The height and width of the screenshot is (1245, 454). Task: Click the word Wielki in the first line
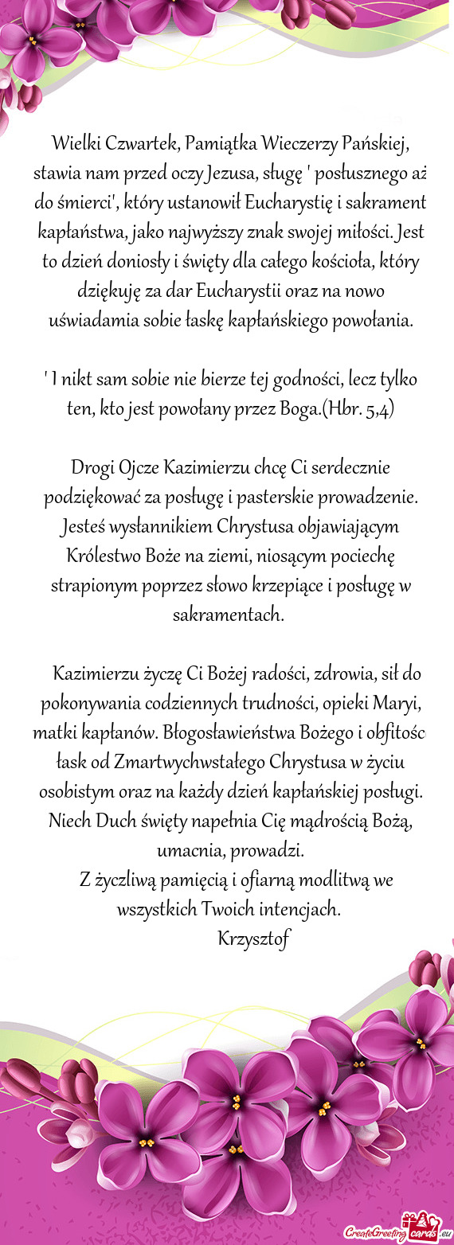point(76,145)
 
